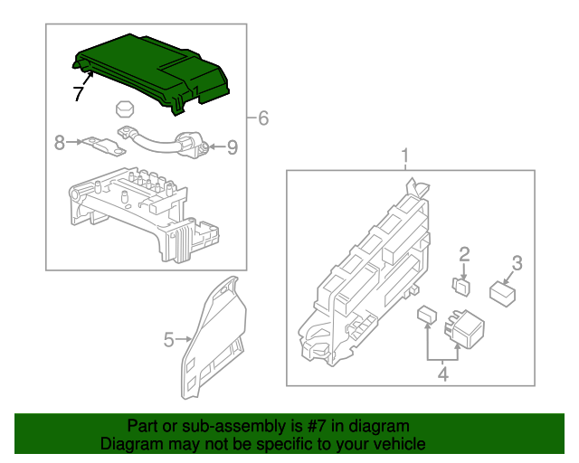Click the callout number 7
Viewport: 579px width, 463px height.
click(x=79, y=92)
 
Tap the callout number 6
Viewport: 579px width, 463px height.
click(x=263, y=118)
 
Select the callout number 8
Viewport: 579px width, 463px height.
click(x=60, y=142)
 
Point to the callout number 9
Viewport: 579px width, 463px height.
click(x=232, y=146)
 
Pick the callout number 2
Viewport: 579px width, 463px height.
click(x=464, y=254)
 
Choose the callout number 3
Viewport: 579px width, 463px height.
click(x=517, y=263)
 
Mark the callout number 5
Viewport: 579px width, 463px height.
click(x=168, y=340)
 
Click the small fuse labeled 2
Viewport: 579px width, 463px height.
click(x=461, y=286)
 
